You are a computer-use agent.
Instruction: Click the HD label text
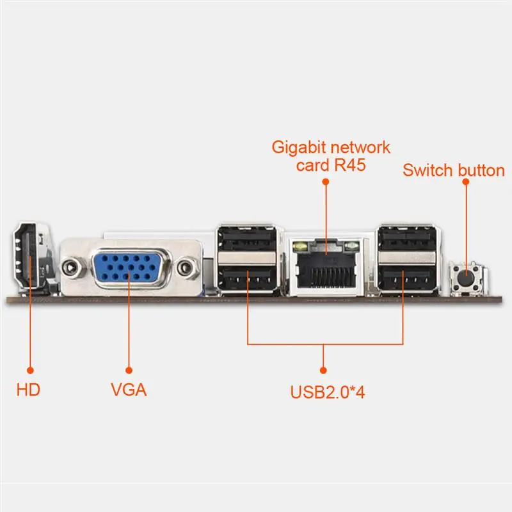pos(28,389)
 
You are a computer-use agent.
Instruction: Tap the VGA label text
pos(129,389)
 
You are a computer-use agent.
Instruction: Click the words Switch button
pos(453,170)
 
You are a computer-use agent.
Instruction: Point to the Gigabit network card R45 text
pos(331,156)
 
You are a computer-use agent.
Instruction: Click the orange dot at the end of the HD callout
pos(29,369)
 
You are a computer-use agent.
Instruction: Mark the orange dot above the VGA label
pos(129,369)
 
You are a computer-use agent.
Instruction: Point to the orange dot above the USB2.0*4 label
pos(324,369)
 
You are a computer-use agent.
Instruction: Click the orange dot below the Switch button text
pos(466,182)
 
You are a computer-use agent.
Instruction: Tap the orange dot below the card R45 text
pos(325,182)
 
